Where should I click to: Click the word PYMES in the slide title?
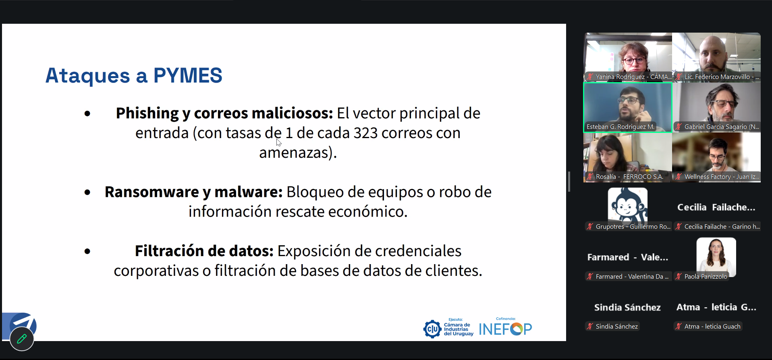(x=188, y=75)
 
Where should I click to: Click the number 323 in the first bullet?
(x=365, y=133)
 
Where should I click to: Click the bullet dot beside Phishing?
(x=87, y=114)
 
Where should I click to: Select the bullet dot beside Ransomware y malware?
(x=87, y=192)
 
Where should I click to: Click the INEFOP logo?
(x=505, y=329)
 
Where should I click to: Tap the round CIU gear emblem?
(x=432, y=329)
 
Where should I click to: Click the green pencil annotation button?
(x=22, y=339)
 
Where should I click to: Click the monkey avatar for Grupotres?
(x=627, y=205)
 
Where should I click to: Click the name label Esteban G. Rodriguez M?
(x=620, y=127)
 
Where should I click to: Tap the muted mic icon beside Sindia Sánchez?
(x=590, y=327)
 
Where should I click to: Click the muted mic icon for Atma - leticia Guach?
(x=679, y=327)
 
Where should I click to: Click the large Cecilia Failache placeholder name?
(x=716, y=207)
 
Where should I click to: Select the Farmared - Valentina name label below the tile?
(x=632, y=277)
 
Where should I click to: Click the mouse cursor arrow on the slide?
(x=278, y=142)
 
